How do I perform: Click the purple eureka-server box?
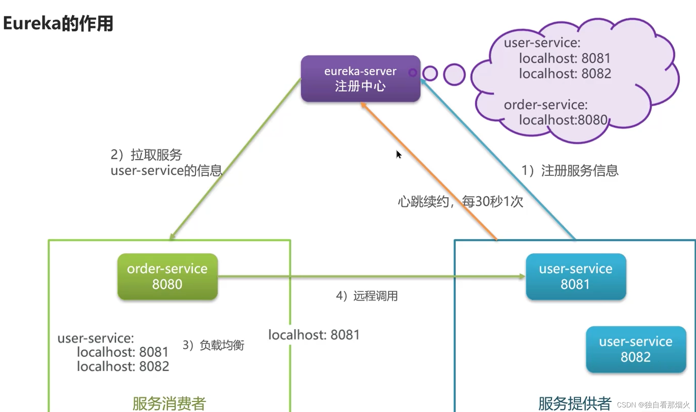pyautogui.click(x=360, y=79)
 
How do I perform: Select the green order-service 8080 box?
pyautogui.click(x=167, y=276)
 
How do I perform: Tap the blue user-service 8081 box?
pyautogui.click(x=575, y=276)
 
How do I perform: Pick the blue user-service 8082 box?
pyautogui.click(x=636, y=349)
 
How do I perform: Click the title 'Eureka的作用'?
pyautogui.click(x=58, y=23)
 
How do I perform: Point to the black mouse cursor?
pyautogui.click(x=398, y=154)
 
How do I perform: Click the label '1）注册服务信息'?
pyautogui.click(x=570, y=170)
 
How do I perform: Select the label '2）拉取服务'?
pyautogui.click(x=146, y=155)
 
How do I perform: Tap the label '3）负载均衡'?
pyautogui.click(x=213, y=345)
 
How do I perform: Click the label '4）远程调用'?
pyautogui.click(x=367, y=296)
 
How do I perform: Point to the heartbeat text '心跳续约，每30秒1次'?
pyautogui.click(x=460, y=201)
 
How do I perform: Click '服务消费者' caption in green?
pyautogui.click(x=169, y=403)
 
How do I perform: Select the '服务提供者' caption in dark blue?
pyautogui.click(x=575, y=403)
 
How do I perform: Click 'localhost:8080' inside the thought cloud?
pyautogui.click(x=563, y=120)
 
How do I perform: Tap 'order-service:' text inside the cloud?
pyautogui.click(x=545, y=104)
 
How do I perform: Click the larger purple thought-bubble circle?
pyautogui.click(x=454, y=74)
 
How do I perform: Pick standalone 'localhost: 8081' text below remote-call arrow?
pyautogui.click(x=314, y=335)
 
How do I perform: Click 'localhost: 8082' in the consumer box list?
pyautogui.click(x=123, y=366)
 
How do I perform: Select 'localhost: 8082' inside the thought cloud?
pyautogui.click(x=565, y=73)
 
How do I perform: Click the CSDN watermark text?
pyautogui.click(x=653, y=405)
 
